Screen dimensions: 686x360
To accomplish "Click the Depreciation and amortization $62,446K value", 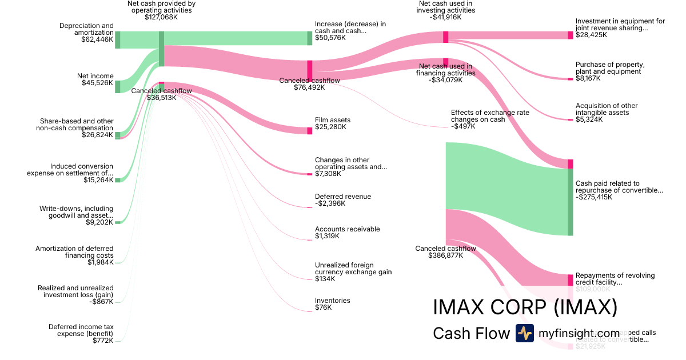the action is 98,39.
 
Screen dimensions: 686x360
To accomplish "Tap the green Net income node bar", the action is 118,86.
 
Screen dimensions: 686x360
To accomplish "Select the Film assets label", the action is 333,120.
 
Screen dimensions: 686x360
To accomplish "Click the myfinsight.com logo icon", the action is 524,333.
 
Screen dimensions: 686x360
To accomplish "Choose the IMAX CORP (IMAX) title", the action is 525,307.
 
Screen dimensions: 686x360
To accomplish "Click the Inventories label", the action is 333,301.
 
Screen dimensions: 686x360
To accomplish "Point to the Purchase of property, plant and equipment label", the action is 610,68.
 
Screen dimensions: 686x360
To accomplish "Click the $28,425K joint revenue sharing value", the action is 591,35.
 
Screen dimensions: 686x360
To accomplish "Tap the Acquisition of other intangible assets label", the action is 607,109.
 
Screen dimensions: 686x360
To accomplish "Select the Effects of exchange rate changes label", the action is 490,116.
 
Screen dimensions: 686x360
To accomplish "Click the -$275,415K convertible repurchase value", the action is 593,197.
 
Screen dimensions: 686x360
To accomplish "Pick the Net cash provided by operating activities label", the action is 161,6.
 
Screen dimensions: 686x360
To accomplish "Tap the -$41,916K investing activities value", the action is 446,17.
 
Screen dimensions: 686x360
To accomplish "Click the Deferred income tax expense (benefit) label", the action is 81,330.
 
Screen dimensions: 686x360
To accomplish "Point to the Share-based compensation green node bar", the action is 118,135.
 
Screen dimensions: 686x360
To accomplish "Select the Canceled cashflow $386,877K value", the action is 445,255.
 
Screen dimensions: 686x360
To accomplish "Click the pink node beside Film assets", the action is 310,131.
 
